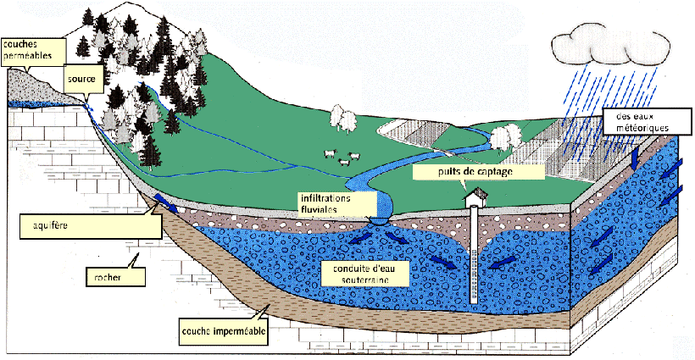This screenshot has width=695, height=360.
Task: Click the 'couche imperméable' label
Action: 224,330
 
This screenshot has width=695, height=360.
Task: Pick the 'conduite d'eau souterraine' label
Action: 364,274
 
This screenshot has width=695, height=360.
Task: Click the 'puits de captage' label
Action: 479,172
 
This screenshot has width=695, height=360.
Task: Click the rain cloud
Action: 611,44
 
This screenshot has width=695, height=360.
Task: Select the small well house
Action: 475,197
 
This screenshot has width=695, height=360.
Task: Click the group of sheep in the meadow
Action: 342,158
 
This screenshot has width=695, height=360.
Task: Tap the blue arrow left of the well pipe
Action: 443,262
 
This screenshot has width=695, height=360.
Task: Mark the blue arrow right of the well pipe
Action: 503,262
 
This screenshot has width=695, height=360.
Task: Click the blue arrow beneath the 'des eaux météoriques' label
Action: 636,158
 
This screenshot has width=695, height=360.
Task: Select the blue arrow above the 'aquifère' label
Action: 165,203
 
